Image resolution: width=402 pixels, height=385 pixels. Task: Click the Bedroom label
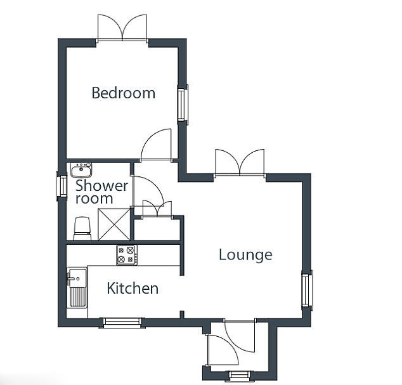pyautogui.click(x=123, y=93)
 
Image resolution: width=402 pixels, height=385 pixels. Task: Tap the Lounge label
pyautogui.click(x=245, y=255)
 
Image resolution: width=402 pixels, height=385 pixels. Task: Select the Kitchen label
pyautogui.click(x=133, y=288)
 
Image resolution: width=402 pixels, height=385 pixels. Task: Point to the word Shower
pyautogui.click(x=102, y=185)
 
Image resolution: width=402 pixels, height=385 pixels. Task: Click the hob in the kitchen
pyautogui.click(x=127, y=255)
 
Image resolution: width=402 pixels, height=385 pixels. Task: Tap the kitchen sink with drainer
pyautogui.click(x=77, y=287)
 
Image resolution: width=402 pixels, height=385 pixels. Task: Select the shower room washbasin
pyautogui.click(x=81, y=170)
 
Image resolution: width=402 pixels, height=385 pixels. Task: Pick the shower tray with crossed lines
pyautogui.click(x=114, y=225)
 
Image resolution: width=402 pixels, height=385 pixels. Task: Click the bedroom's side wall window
pyautogui.click(x=183, y=105)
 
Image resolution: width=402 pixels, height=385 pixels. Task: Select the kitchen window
pyautogui.click(x=122, y=323)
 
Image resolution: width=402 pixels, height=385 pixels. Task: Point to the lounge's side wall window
pyautogui.click(x=307, y=290)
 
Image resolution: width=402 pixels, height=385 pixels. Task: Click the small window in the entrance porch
pyautogui.click(x=239, y=375)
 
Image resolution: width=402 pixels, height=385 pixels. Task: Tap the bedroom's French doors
pyautogui.click(x=122, y=28)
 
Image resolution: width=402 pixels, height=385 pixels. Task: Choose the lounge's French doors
pyautogui.click(x=240, y=164)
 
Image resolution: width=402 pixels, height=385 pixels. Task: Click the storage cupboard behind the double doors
pyautogui.click(x=157, y=230)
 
